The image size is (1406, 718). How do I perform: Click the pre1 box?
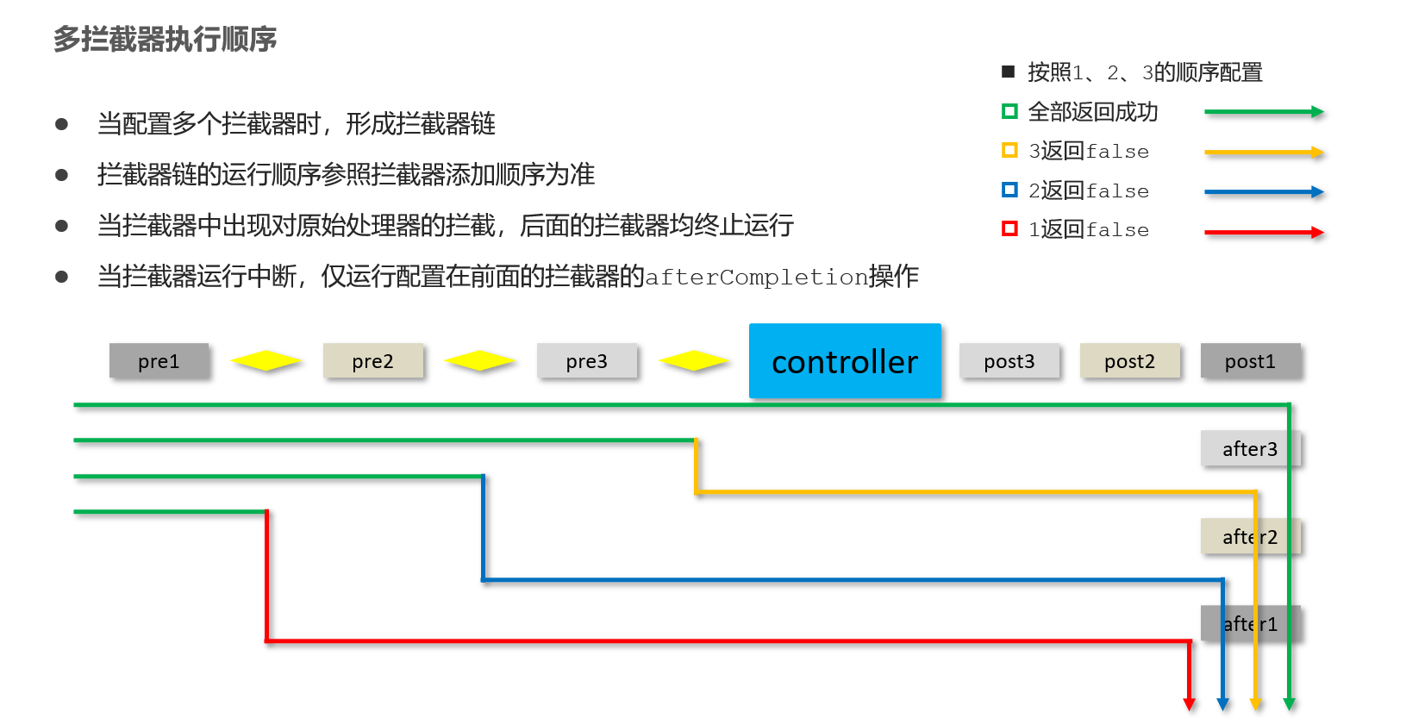pos(159,361)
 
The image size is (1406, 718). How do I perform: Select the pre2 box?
pos(372,361)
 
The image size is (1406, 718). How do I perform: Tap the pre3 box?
pos(586,361)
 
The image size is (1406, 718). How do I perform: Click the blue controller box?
pos(845,361)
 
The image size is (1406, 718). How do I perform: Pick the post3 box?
pos(1009,361)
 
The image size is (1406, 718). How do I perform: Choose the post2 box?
pos(1129,361)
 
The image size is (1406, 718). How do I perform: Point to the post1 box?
pos(1250,361)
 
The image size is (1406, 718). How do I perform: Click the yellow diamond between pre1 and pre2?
pos(266,361)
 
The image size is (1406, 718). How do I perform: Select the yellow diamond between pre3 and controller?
pos(694,361)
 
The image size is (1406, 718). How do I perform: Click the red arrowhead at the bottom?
pos(1190,704)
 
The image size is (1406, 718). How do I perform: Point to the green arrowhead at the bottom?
pos(1290,704)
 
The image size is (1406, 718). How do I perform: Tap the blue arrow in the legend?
pos(1264,192)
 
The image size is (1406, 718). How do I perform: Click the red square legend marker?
pos(1009,229)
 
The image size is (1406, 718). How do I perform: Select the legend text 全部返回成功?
pos(1093,112)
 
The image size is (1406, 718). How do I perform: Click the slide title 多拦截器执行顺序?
pos(165,40)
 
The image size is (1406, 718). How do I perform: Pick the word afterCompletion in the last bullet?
pos(756,278)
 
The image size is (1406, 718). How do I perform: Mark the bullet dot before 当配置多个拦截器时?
pos(61,124)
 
